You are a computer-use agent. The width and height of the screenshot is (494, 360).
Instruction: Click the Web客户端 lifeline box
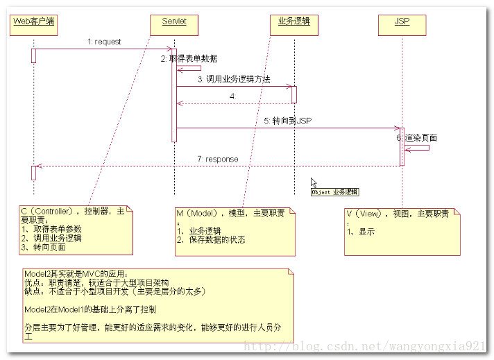point(33,26)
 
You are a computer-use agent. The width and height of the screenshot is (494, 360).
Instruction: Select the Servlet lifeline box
point(174,26)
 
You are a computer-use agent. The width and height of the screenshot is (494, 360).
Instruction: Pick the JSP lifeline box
point(402,26)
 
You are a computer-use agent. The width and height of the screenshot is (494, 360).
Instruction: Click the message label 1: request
point(104,42)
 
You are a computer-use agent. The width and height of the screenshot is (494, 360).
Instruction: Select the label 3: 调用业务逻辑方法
point(234,79)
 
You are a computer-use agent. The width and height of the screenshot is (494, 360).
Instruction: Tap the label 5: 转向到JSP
point(287,121)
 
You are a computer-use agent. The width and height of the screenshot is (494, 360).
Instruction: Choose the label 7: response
point(217,159)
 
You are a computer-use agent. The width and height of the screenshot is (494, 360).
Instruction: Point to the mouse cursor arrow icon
point(314,182)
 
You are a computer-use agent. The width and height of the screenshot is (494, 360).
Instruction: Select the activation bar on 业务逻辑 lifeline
point(294,94)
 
